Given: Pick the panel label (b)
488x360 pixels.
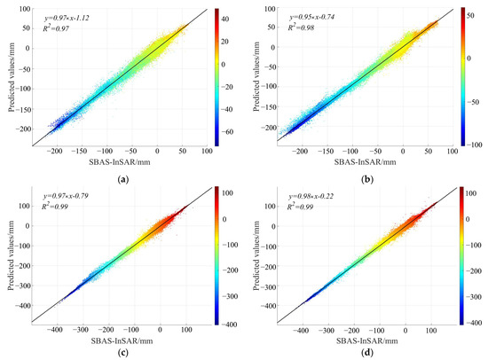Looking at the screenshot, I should click(366, 170).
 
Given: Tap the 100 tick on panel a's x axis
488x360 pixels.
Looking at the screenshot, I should click(207, 150).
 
